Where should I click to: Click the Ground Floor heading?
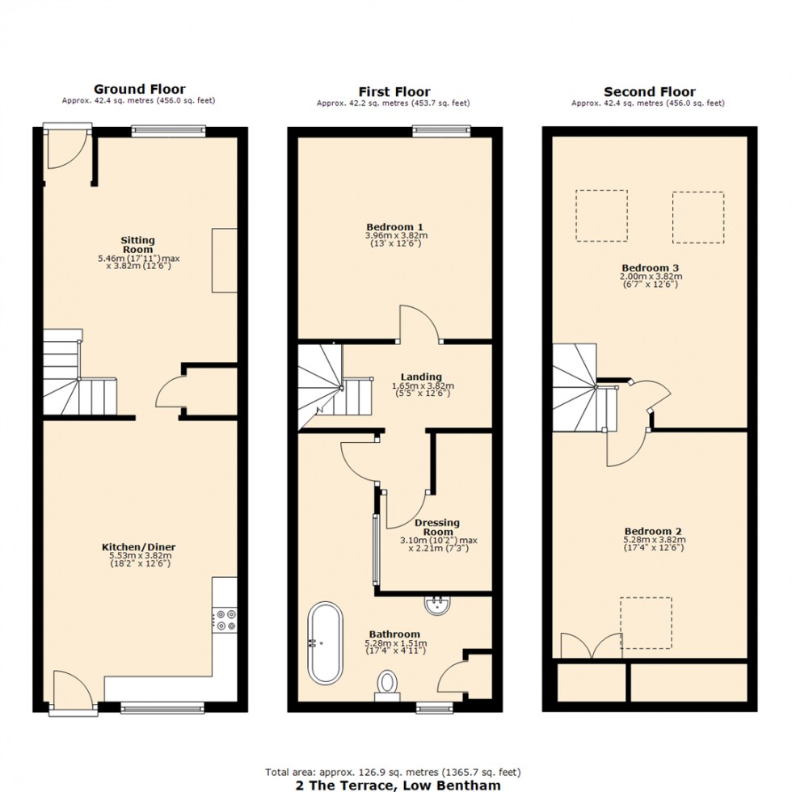click(139, 90)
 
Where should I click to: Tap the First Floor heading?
click(394, 91)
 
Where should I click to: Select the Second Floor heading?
click(649, 91)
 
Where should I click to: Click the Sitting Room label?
click(137, 245)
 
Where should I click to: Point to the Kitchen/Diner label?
click(143, 547)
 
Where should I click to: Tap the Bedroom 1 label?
click(395, 227)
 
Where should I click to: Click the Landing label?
click(421, 377)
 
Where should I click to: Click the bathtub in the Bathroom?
click(322, 642)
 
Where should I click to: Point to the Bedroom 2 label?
click(654, 532)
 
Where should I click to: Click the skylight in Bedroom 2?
click(646, 622)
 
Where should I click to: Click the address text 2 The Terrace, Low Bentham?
click(394, 785)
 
